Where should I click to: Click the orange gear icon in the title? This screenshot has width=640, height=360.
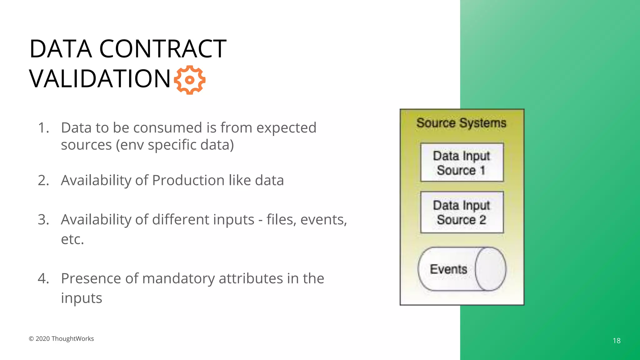(189, 80)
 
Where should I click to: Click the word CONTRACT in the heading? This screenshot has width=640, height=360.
(162, 49)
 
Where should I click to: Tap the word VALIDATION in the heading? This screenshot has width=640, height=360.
(100, 79)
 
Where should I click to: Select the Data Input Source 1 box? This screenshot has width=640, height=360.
(462, 162)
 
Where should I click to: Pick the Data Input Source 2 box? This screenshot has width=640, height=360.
(462, 212)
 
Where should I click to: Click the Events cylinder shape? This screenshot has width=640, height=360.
(462, 269)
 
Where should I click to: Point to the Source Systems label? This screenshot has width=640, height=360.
(461, 123)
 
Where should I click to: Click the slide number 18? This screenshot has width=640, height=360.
(617, 341)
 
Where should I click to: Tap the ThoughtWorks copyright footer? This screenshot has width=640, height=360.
(61, 339)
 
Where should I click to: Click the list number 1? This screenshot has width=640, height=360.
(43, 128)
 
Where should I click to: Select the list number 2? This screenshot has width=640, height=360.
(43, 180)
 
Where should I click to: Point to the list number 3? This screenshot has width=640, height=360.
(43, 220)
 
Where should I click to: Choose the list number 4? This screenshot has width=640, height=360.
(43, 278)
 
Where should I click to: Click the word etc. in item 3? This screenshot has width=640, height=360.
(72, 239)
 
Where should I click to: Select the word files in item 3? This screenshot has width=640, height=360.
(281, 220)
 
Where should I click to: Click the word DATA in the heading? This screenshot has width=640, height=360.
(61, 49)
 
